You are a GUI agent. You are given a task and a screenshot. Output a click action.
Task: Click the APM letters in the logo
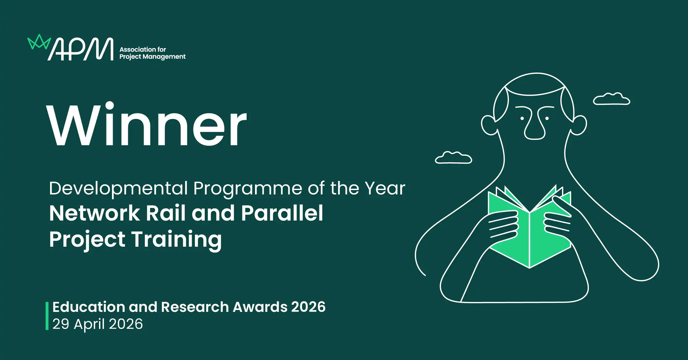click(x=81, y=49)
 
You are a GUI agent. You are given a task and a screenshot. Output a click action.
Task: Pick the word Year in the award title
click(x=385, y=188)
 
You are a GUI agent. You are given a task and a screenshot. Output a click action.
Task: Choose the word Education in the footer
click(x=89, y=307)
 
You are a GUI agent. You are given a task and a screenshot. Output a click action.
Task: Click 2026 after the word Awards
click(x=308, y=307)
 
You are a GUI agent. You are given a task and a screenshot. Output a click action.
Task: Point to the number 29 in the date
click(x=61, y=324)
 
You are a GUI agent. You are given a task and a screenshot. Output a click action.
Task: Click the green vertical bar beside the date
click(x=47, y=316)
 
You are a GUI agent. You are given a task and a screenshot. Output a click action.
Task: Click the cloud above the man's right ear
click(x=612, y=99)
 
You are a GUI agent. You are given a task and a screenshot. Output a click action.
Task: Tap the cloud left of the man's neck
click(x=453, y=158)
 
